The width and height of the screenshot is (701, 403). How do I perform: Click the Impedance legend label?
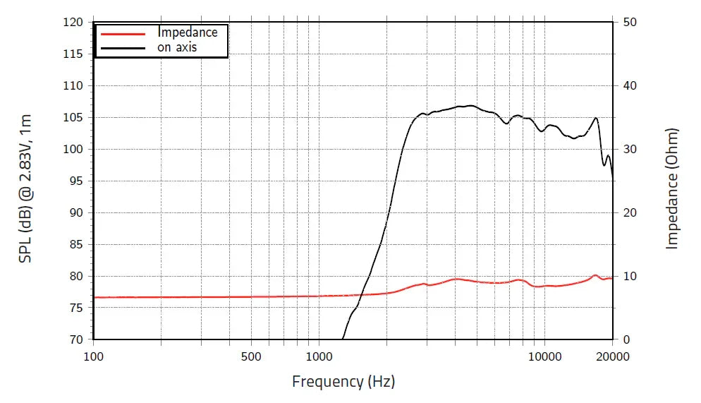[x=187, y=32]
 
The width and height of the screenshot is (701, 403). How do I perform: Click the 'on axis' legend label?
[x=176, y=47]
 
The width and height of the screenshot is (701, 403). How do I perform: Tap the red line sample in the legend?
[x=123, y=33]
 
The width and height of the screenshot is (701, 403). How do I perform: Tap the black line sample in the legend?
[x=123, y=48]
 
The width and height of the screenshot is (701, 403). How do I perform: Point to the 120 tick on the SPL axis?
[x=74, y=22]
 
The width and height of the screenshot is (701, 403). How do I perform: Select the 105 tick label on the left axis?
[x=74, y=117]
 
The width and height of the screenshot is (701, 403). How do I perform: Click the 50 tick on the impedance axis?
[x=630, y=22]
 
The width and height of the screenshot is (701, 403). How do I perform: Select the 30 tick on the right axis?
[x=630, y=149]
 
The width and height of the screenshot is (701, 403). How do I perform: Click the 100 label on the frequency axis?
[x=94, y=356]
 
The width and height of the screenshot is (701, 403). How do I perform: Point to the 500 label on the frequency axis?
[x=251, y=356]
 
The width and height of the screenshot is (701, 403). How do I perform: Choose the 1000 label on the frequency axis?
[x=318, y=356]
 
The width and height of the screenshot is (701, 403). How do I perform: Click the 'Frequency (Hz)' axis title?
[x=343, y=382]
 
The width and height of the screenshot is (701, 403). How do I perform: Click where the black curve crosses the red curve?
[x=362, y=294]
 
